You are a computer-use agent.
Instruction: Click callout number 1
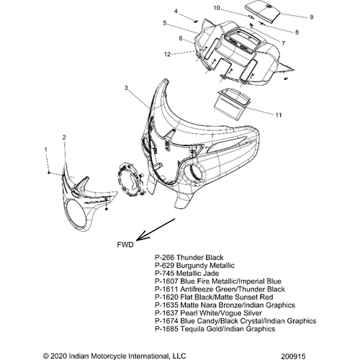tap(46, 150)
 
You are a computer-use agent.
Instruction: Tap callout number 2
tap(64, 138)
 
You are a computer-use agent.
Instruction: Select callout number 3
tap(126, 88)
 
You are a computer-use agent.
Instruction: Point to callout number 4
tap(176, 12)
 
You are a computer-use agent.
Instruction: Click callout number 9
tap(312, 17)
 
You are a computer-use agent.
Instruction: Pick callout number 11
tap(279, 115)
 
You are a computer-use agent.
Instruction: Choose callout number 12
tap(167, 55)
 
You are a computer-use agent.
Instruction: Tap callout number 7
tap(284, 43)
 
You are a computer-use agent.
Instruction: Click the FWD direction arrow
tap(156, 230)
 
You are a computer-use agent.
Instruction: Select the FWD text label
tap(125, 245)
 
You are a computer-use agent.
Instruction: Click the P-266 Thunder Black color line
tap(189, 258)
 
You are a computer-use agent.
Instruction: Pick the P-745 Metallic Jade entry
tap(187, 274)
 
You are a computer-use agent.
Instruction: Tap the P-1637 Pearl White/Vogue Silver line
tap(208, 313)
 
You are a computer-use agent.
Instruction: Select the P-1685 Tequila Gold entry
tap(215, 329)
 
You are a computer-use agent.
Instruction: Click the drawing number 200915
tap(294, 356)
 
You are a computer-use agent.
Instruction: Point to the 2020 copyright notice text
tap(114, 356)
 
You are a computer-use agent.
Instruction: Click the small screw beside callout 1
tap(49, 173)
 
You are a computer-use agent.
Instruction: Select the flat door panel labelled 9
tap(264, 12)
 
